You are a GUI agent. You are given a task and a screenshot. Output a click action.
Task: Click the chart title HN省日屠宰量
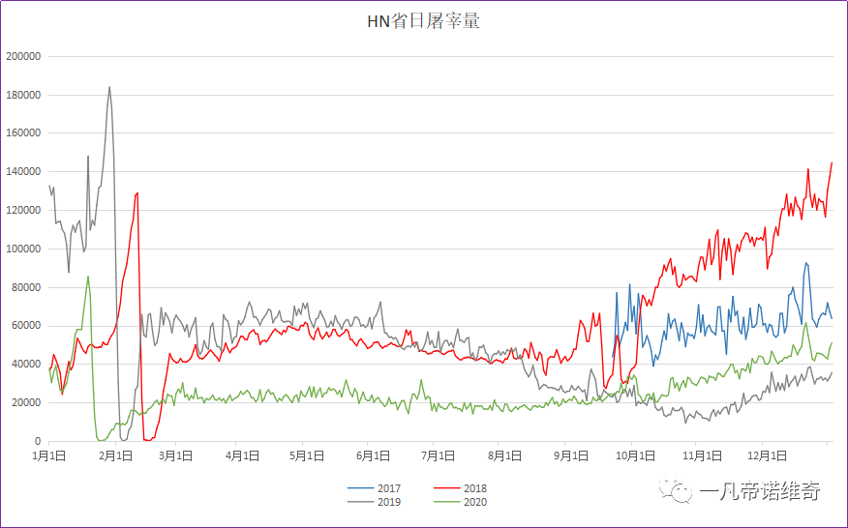[423, 20]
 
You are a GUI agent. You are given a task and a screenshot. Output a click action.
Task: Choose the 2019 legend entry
[388, 502]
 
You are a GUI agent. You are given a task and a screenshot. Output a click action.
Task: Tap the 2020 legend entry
[475, 502]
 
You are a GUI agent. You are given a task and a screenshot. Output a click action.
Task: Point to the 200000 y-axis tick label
[23, 56]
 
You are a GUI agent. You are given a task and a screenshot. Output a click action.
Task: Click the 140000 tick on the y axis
[23, 171]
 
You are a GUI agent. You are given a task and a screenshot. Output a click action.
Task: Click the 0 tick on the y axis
[37, 441]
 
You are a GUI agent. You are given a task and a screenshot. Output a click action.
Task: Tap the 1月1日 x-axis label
[49, 455]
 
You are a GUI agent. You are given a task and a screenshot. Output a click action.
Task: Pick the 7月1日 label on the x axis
[439, 455]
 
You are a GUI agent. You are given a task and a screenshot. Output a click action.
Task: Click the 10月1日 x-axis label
[631, 455]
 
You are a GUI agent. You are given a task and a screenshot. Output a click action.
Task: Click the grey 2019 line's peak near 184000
[109, 87]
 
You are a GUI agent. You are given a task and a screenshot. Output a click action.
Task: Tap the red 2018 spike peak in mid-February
[137, 192]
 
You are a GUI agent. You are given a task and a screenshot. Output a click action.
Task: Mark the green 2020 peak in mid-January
[88, 277]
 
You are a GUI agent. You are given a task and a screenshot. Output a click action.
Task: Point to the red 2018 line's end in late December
[832, 163]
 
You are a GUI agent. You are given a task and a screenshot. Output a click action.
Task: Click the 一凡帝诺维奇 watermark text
[759, 492]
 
